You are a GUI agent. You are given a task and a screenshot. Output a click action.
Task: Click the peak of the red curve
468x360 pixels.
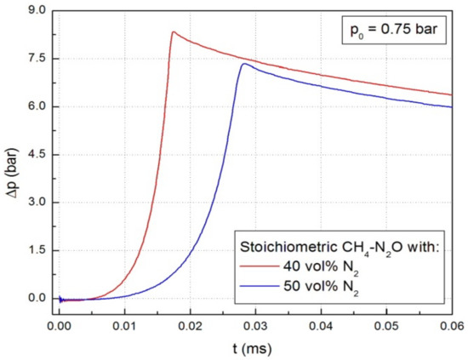[173, 32]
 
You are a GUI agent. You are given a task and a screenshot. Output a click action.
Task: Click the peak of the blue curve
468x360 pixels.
[244, 64]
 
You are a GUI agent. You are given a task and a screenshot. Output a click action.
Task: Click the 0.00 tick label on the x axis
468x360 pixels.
[59, 325]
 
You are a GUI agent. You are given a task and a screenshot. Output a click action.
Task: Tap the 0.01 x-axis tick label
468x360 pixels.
[124, 325]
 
